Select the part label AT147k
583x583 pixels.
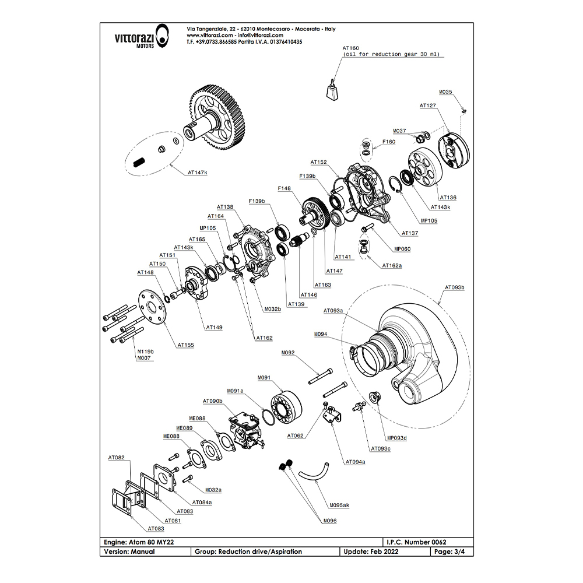(x=198, y=173)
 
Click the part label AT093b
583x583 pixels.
(x=455, y=287)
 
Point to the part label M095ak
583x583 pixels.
(x=339, y=505)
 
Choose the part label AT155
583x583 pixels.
(x=186, y=345)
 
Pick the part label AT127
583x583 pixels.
(x=429, y=106)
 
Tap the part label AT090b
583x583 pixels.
(x=213, y=402)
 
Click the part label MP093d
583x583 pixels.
(x=397, y=438)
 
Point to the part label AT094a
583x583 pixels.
(x=355, y=462)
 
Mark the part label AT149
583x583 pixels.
(x=214, y=328)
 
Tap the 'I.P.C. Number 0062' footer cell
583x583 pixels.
(x=417, y=542)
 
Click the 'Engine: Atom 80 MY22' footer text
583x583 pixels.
(x=138, y=542)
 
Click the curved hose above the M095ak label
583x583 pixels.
(x=314, y=470)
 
